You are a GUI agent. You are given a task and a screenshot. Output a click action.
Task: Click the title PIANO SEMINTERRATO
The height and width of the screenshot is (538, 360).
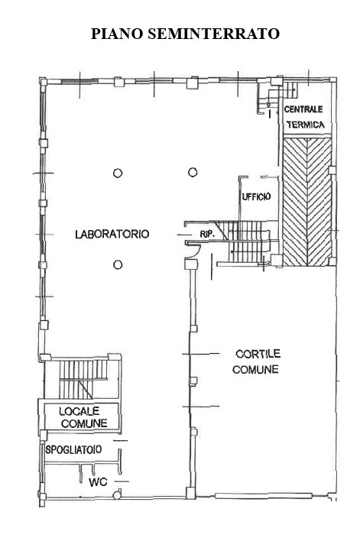(185, 34)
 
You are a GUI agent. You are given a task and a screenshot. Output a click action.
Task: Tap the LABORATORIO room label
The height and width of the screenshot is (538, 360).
(112, 234)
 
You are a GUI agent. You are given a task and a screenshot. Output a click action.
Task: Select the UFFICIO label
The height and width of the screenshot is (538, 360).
(256, 196)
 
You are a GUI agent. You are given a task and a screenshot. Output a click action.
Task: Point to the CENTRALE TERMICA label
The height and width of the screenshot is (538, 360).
(304, 117)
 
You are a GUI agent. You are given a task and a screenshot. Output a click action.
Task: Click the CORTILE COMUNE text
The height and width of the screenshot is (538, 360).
(256, 361)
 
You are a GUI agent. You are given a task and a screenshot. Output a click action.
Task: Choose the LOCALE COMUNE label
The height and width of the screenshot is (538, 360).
(83, 417)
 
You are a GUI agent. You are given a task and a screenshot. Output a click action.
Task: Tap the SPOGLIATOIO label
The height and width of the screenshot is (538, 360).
(73, 449)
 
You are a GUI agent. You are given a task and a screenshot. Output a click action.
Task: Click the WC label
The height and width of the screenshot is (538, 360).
(98, 482)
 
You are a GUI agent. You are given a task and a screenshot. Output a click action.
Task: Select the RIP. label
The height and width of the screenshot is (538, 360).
(207, 235)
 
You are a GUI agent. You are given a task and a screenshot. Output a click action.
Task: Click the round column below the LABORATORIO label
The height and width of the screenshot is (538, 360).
(118, 264)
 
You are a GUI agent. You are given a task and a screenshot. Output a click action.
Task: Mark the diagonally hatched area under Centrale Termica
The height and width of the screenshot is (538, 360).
(307, 202)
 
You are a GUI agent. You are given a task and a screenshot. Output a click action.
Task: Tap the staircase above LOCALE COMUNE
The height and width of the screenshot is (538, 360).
(83, 379)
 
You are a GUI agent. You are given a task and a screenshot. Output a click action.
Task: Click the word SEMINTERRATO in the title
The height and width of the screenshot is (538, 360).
(214, 34)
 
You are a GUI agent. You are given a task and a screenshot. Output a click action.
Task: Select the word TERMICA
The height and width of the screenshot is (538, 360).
(306, 125)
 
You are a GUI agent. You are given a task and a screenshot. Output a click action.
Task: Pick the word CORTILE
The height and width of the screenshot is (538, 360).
(258, 354)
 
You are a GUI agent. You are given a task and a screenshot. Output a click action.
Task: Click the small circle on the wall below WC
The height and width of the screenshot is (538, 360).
(117, 494)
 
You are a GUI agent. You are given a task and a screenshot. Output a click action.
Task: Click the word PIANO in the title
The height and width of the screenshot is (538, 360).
(117, 34)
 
